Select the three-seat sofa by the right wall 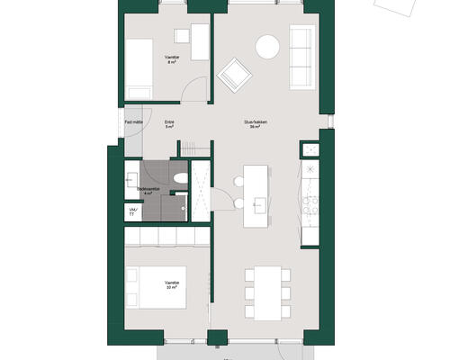(x=301, y=58)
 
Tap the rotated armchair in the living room (x=237, y=74)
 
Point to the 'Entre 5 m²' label (x=169, y=125)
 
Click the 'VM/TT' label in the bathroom (x=133, y=211)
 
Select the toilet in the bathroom (x=180, y=177)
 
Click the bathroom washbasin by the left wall (x=132, y=178)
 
